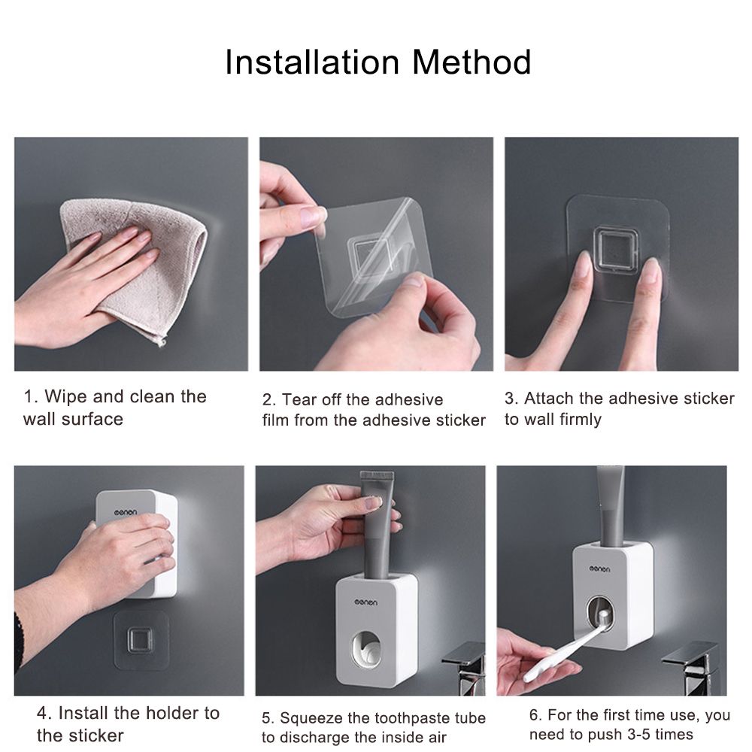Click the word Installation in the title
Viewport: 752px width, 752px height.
pos(312,62)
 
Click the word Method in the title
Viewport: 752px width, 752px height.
pos(472,62)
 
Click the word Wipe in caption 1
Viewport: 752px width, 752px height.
pos(66,396)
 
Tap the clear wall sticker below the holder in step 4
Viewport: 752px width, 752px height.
pos(141,640)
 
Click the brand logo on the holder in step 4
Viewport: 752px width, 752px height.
pos(125,512)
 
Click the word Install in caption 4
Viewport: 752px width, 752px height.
pos(84,713)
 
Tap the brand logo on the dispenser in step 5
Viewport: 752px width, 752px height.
pos(366,602)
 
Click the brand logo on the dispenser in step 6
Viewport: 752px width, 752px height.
pos(600,569)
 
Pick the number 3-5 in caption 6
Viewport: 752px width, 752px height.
pos(635,734)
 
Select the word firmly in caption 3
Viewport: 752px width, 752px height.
pos(581,420)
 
